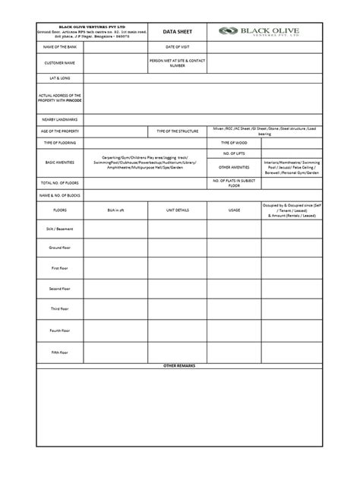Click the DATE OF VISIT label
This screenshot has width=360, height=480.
pyautogui.click(x=176, y=48)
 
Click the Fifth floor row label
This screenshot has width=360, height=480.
pyautogui.click(x=59, y=352)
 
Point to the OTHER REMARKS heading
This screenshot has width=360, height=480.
pyautogui.click(x=179, y=366)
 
